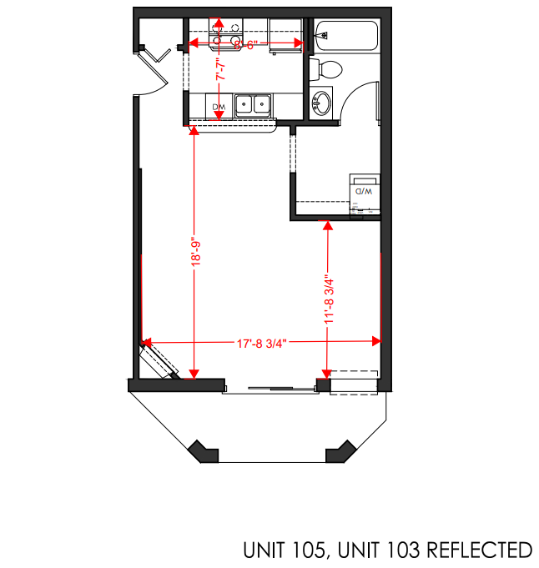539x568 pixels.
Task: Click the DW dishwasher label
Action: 219,108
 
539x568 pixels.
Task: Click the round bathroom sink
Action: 320,104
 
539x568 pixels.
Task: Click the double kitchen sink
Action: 253,105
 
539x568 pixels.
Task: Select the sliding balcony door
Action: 269,388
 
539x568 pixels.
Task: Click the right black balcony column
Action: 341,451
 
